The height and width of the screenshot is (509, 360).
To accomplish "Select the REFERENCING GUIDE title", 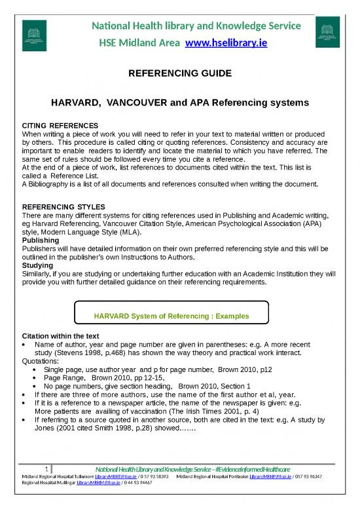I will (179, 75).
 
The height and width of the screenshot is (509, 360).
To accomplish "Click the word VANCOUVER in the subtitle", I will (144, 103).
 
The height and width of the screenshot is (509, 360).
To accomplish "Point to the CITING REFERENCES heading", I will (60, 124).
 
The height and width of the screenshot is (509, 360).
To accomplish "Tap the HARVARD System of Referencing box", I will (171, 316).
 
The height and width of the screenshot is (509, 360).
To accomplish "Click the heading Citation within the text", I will (61, 335).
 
